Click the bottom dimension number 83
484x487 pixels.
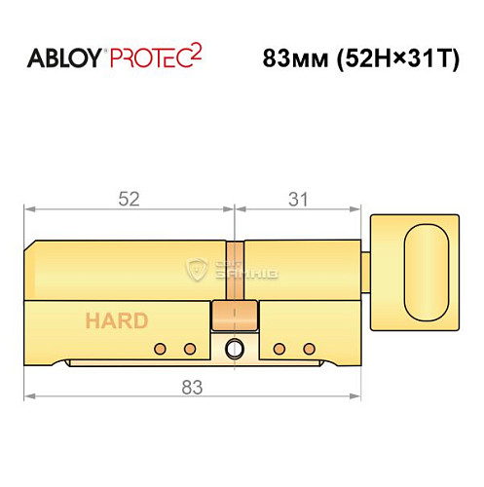tap(191, 387)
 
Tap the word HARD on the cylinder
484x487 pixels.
tap(116, 320)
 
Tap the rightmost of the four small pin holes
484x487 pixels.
tap(310, 349)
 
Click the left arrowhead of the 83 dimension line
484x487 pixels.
tap(29, 397)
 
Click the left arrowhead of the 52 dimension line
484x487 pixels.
tap(29, 207)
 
